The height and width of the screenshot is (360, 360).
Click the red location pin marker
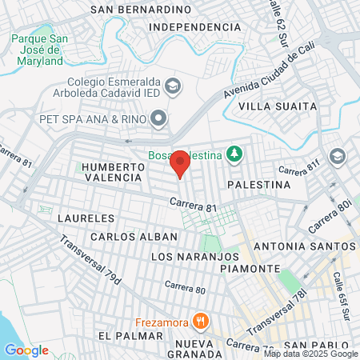[x=180, y=162]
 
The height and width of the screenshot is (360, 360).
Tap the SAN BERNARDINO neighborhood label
[x=142, y=10]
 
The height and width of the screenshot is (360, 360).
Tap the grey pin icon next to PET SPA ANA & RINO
[x=159, y=119]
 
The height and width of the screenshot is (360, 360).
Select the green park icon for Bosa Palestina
[x=234, y=153]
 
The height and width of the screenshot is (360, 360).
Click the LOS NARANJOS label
[x=195, y=256]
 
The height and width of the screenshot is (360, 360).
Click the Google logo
[x=26, y=350]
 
